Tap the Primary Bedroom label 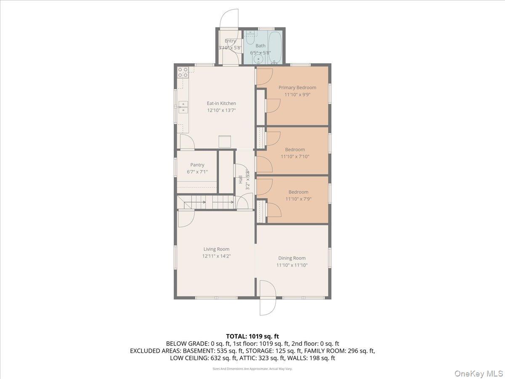click(297, 88)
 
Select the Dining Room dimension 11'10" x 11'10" click(292, 265)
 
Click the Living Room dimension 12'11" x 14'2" click(216, 256)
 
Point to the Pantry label click(197, 165)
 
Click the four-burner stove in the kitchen click(182, 72)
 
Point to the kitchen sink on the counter click(183, 107)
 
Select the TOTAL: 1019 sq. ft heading click(252, 336)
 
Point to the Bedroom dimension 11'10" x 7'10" click(295, 157)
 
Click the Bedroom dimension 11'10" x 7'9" click(298, 199)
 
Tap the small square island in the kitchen click(224, 141)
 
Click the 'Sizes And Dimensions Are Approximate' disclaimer click(252, 369)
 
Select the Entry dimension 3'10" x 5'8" click(230, 48)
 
